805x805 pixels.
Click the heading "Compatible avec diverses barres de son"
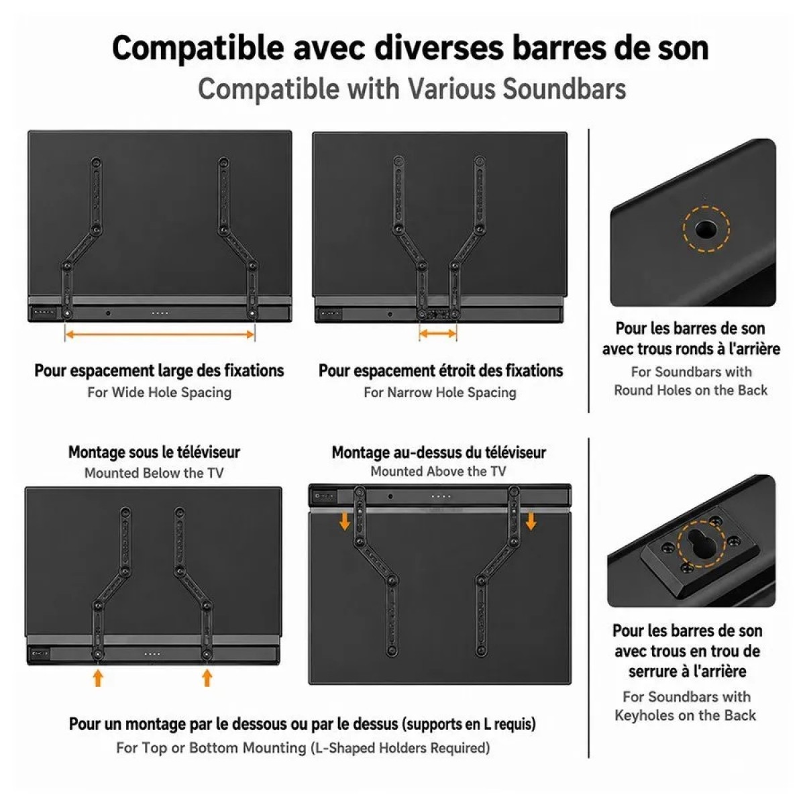click(411, 49)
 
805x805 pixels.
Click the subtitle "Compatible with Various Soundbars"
click(412, 89)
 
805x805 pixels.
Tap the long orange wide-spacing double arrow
click(160, 334)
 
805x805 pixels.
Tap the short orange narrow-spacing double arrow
click(438, 333)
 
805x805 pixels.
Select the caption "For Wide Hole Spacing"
click(159, 392)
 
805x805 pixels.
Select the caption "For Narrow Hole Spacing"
click(440, 392)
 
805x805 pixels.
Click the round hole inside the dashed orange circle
click(706, 229)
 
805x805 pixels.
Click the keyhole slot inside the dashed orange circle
click(702, 543)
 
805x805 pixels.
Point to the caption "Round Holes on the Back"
click(690, 390)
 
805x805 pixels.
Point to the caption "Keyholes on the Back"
click(685, 714)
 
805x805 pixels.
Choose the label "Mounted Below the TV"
click(154, 472)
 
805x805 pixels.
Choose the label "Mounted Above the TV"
click(438, 471)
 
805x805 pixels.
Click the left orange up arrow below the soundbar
click(98, 678)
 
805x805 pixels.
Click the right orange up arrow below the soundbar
click(207, 678)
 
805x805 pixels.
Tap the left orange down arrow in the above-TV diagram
click(345, 522)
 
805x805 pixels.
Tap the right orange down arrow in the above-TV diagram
click(531, 522)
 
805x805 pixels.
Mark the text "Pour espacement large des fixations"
click(159, 370)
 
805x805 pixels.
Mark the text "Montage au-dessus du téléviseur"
click(439, 452)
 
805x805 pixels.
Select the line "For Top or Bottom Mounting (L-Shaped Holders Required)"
click(303, 748)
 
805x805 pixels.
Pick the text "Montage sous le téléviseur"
click(154, 452)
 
